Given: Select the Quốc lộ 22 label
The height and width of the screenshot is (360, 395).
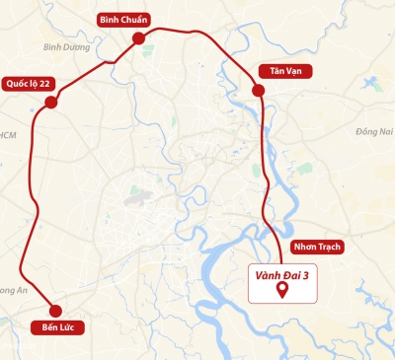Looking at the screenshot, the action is click(x=27, y=83).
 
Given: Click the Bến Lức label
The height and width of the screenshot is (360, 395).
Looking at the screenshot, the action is click(x=57, y=325).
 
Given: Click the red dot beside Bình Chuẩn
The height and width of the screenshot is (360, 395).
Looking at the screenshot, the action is click(x=138, y=37).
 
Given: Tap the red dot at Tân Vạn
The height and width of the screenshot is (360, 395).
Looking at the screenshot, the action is click(x=259, y=91).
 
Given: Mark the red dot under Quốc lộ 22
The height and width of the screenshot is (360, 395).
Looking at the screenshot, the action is click(x=51, y=102).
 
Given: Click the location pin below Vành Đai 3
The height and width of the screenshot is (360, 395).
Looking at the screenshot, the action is click(x=282, y=290).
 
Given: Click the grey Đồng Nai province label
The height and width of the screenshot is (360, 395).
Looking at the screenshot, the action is click(x=374, y=130).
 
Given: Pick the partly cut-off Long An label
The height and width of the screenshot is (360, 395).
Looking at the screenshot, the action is click(x=12, y=290).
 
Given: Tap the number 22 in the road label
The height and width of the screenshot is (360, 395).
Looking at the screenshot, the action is click(x=43, y=83).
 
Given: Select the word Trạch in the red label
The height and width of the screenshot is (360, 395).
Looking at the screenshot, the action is click(x=328, y=247).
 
